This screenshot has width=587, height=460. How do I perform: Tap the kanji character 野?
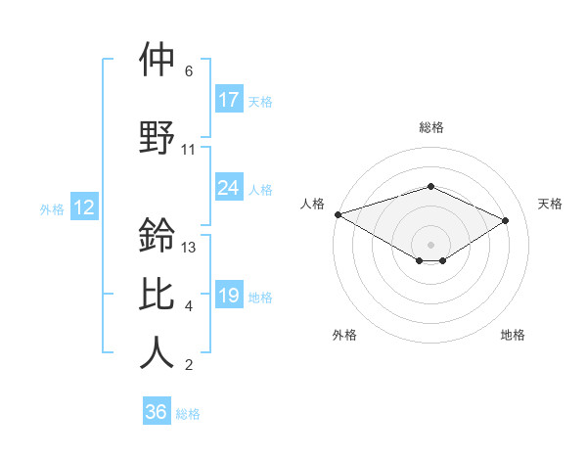[x=157, y=136]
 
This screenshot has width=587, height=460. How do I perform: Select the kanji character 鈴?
[x=157, y=235]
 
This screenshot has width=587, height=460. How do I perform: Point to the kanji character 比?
[x=157, y=294]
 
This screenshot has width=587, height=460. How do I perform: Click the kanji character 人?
[x=157, y=353]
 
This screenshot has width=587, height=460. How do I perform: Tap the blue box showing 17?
[x=229, y=100]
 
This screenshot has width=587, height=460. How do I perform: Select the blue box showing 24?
[x=229, y=188]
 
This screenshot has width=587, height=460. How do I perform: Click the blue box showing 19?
[x=229, y=297]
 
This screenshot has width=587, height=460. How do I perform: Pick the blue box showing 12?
[x=84, y=207]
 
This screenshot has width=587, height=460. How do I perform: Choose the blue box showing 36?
[x=157, y=412]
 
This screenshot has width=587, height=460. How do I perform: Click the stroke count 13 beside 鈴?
[x=190, y=248]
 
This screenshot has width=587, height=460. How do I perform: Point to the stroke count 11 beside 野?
[x=189, y=150]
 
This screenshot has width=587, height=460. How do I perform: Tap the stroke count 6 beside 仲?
[x=189, y=71]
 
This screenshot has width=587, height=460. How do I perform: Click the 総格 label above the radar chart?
[x=430, y=127]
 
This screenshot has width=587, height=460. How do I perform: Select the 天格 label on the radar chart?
[x=550, y=204]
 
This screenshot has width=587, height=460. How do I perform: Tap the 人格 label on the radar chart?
[x=312, y=204]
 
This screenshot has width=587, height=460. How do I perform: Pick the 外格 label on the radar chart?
[x=344, y=335]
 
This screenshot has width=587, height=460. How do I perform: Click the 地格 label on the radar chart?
[x=513, y=335]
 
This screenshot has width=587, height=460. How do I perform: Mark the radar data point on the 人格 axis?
[x=338, y=213]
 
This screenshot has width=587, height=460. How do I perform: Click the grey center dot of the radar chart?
[x=430, y=244]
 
